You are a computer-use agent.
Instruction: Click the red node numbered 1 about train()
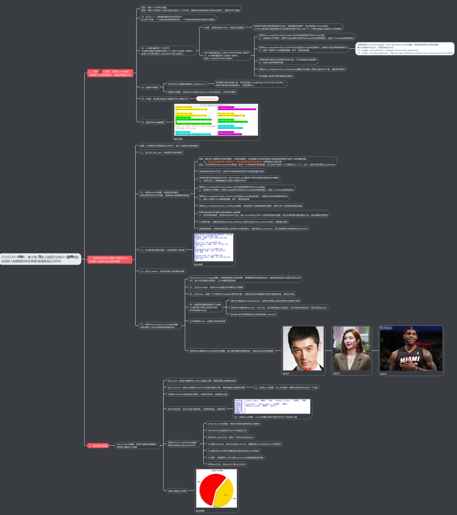point(110,73)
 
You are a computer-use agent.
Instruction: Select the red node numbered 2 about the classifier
point(109,259)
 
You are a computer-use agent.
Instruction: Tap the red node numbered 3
point(98,446)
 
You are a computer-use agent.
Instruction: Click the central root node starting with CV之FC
point(40,259)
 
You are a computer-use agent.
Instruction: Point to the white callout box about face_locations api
point(404,49)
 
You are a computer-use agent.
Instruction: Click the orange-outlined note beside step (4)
point(208,99)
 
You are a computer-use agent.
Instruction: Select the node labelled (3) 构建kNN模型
point(149,87)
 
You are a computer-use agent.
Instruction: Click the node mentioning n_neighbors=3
point(187,84)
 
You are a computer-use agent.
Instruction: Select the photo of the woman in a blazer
point(352,349)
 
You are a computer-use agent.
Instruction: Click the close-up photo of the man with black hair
point(303,349)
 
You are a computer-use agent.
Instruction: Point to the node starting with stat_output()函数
point(137,446)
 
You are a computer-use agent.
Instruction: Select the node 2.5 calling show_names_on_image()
point(160,326)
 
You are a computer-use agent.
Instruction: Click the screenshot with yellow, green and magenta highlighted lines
point(216,121)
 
